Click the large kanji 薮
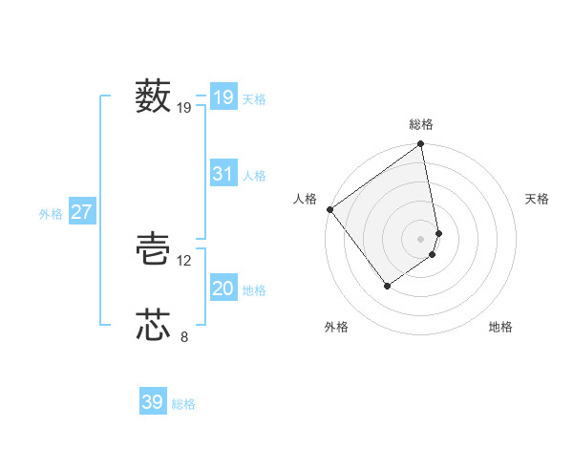pos(153,96)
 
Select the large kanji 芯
pos(153,325)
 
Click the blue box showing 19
pos(223,96)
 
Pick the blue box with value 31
pos(223,174)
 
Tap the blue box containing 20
pos(223,289)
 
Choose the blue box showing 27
pos(82,212)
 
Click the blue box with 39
pos(153,402)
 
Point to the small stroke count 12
pos(184,260)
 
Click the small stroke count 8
pos(184,335)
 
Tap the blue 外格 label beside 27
pos(51,214)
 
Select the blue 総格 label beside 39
pos(183,404)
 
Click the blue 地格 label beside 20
pos(254,290)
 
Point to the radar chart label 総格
pos(421,124)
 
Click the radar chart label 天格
pos(537,199)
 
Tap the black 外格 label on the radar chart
pos(335,328)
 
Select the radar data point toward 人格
pos(329,209)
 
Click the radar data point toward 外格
pos(387,285)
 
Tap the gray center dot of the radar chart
pos(421,238)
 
